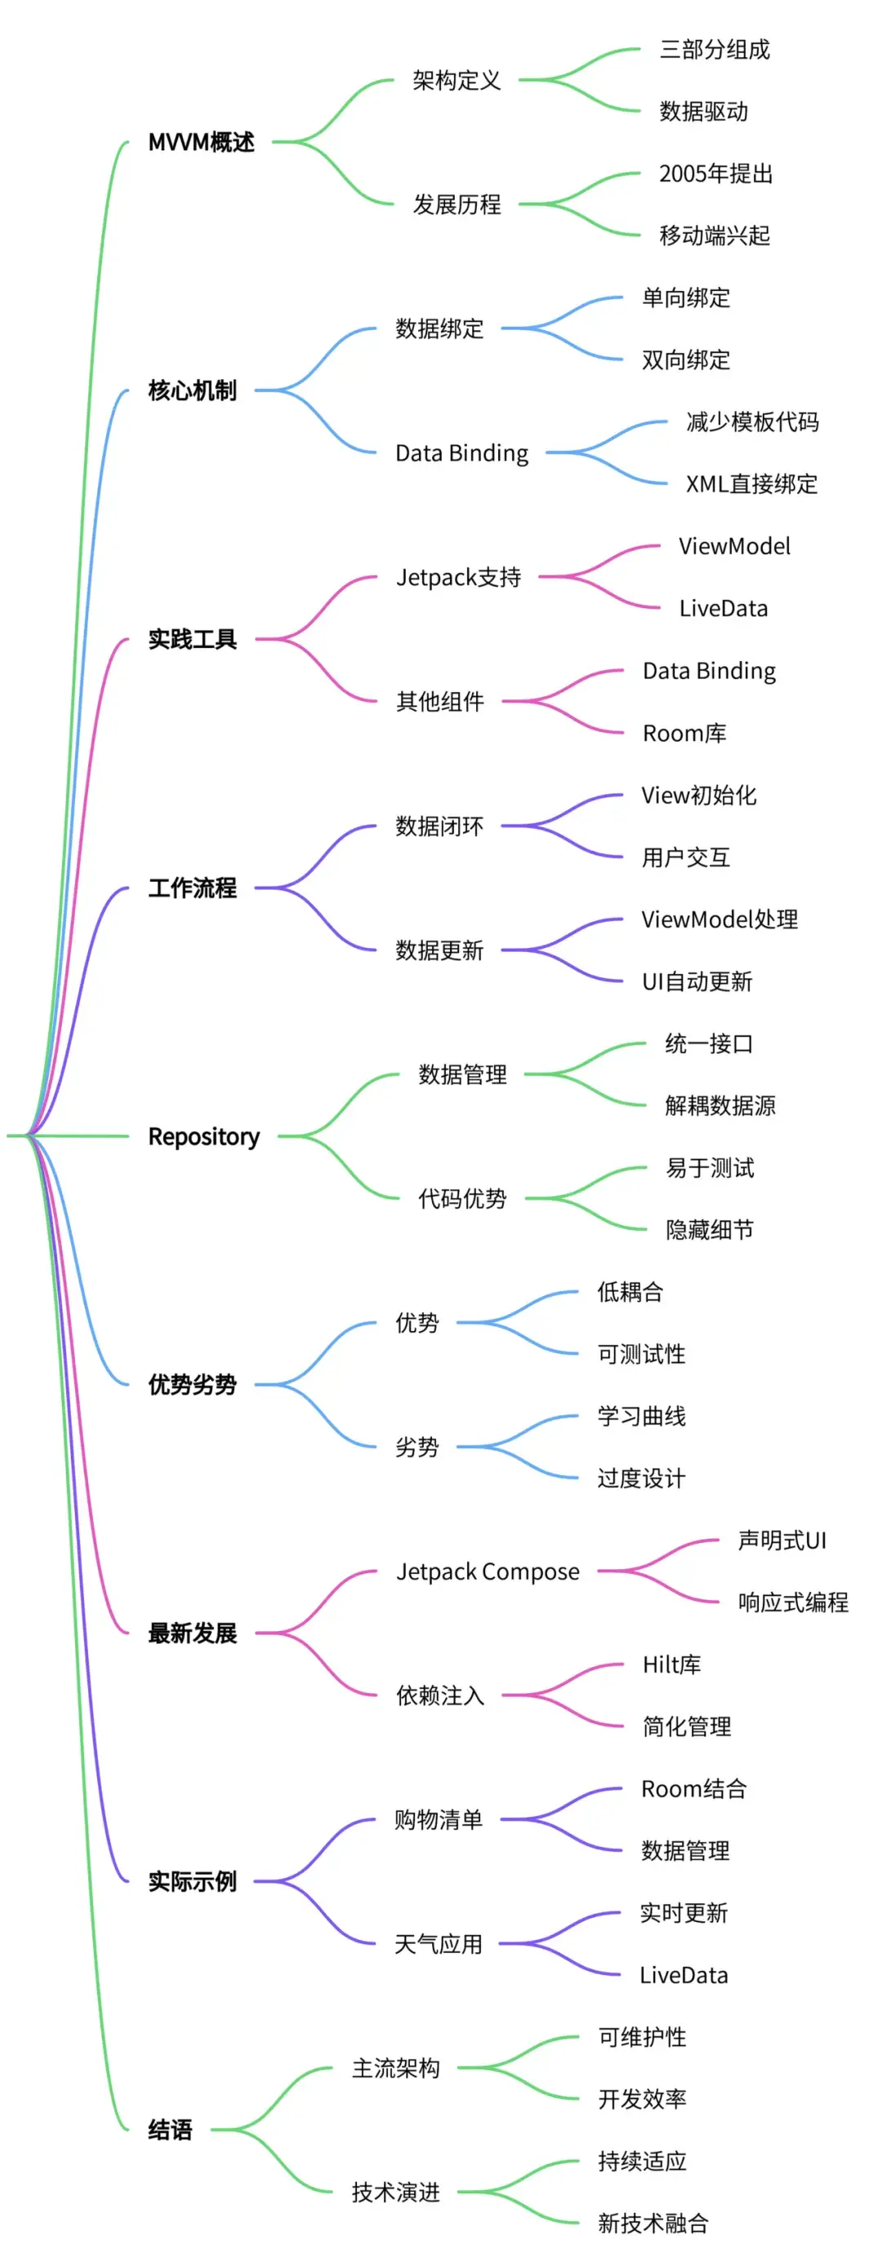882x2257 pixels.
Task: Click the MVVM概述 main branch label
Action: pyautogui.click(x=202, y=142)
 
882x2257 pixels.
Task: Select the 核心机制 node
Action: pyautogui.click(x=193, y=390)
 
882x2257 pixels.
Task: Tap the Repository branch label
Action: pyautogui.click(x=204, y=1137)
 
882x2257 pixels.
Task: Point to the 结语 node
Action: pyautogui.click(x=170, y=2129)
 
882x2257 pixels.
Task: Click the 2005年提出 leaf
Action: pyautogui.click(x=715, y=173)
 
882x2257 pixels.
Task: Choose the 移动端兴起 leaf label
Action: pyautogui.click(x=715, y=235)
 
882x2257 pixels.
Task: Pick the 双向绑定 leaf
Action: pyautogui.click(x=686, y=360)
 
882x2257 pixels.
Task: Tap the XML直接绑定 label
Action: pyautogui.click(x=751, y=484)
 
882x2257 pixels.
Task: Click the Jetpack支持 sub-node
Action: pyautogui.click(x=458, y=577)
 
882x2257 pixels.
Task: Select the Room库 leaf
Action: pyautogui.click(x=685, y=732)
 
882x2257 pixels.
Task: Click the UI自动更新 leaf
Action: pyautogui.click(x=697, y=981)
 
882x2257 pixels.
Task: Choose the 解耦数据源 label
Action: pyautogui.click(x=720, y=1106)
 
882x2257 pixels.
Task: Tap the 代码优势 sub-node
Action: pyautogui.click(x=462, y=1199)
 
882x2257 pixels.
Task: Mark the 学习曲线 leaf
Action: pyautogui.click(x=641, y=1416)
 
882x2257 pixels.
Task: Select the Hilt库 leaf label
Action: pyautogui.click(x=672, y=1665)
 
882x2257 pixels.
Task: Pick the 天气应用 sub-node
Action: pyautogui.click(x=439, y=1944)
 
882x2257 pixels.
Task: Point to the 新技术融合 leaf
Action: pyautogui.click(x=653, y=2223)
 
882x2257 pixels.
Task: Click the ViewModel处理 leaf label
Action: pyautogui.click(x=720, y=919)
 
